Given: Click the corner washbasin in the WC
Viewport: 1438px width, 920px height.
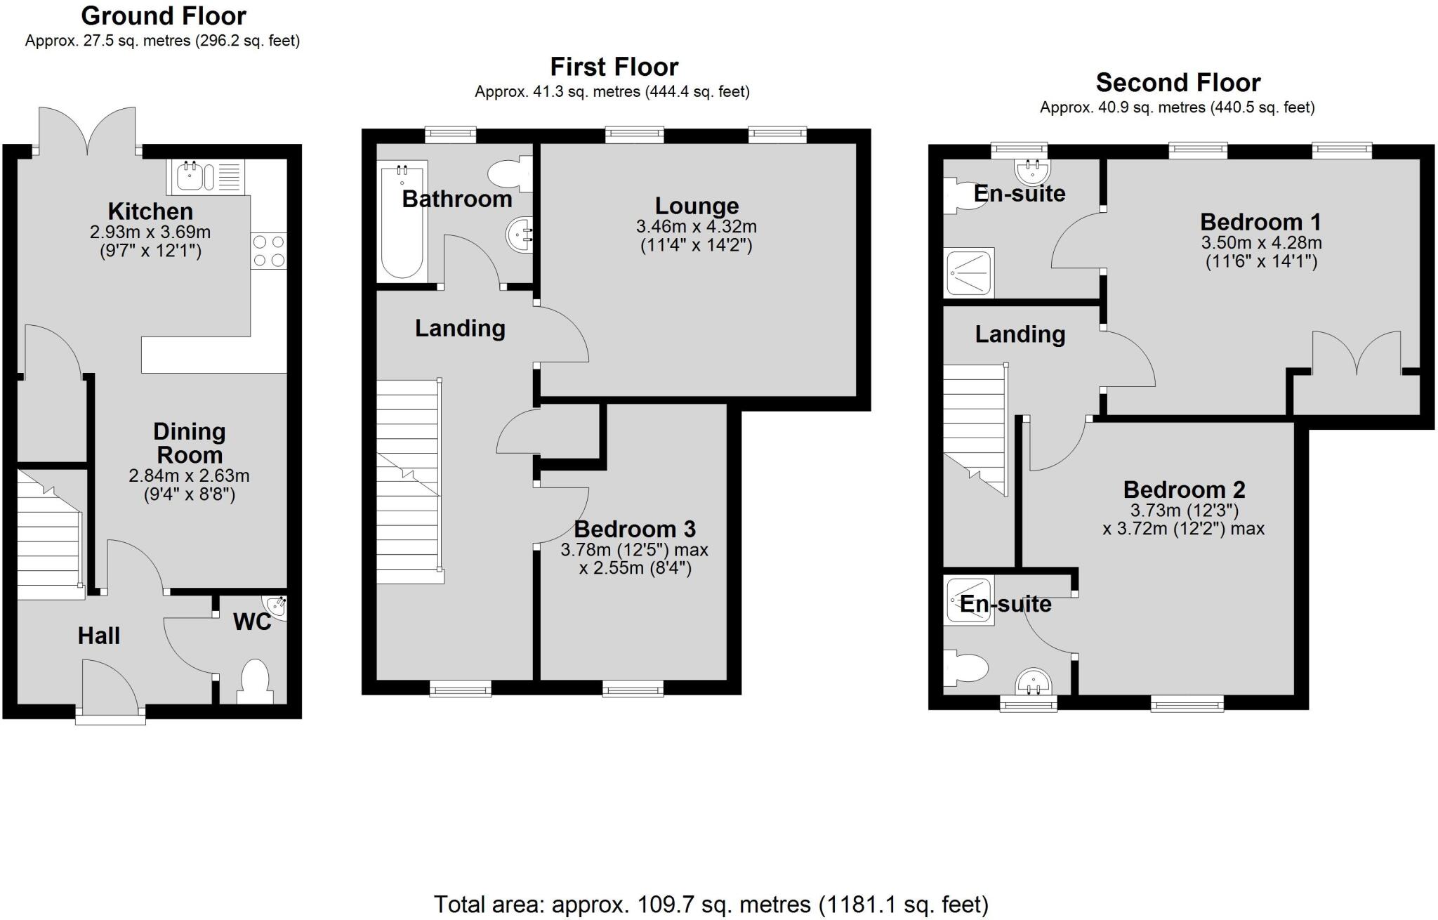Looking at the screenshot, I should click(x=276, y=607).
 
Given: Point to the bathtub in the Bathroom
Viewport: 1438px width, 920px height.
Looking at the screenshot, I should click(x=402, y=221).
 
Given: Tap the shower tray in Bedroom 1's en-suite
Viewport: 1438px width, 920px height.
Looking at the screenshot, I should click(x=970, y=272).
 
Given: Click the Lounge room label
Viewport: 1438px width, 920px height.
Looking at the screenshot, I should click(x=697, y=206).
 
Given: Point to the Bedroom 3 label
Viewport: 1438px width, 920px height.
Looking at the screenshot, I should click(x=634, y=529).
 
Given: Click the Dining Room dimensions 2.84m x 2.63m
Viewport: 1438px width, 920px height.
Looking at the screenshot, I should click(x=189, y=476).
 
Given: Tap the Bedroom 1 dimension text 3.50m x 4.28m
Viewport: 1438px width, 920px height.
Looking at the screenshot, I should click(x=1261, y=244).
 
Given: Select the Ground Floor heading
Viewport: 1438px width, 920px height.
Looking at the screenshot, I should click(x=164, y=15).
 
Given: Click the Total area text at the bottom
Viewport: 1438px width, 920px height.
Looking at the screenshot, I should click(x=711, y=904).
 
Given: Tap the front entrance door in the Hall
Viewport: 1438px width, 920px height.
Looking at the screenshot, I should click(x=110, y=688).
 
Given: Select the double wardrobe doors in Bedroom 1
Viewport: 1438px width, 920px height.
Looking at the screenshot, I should click(x=1357, y=355).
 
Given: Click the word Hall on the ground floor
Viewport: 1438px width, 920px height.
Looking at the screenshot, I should click(x=98, y=636).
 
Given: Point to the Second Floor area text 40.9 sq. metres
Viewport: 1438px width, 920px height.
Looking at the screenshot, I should click(x=1177, y=107).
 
